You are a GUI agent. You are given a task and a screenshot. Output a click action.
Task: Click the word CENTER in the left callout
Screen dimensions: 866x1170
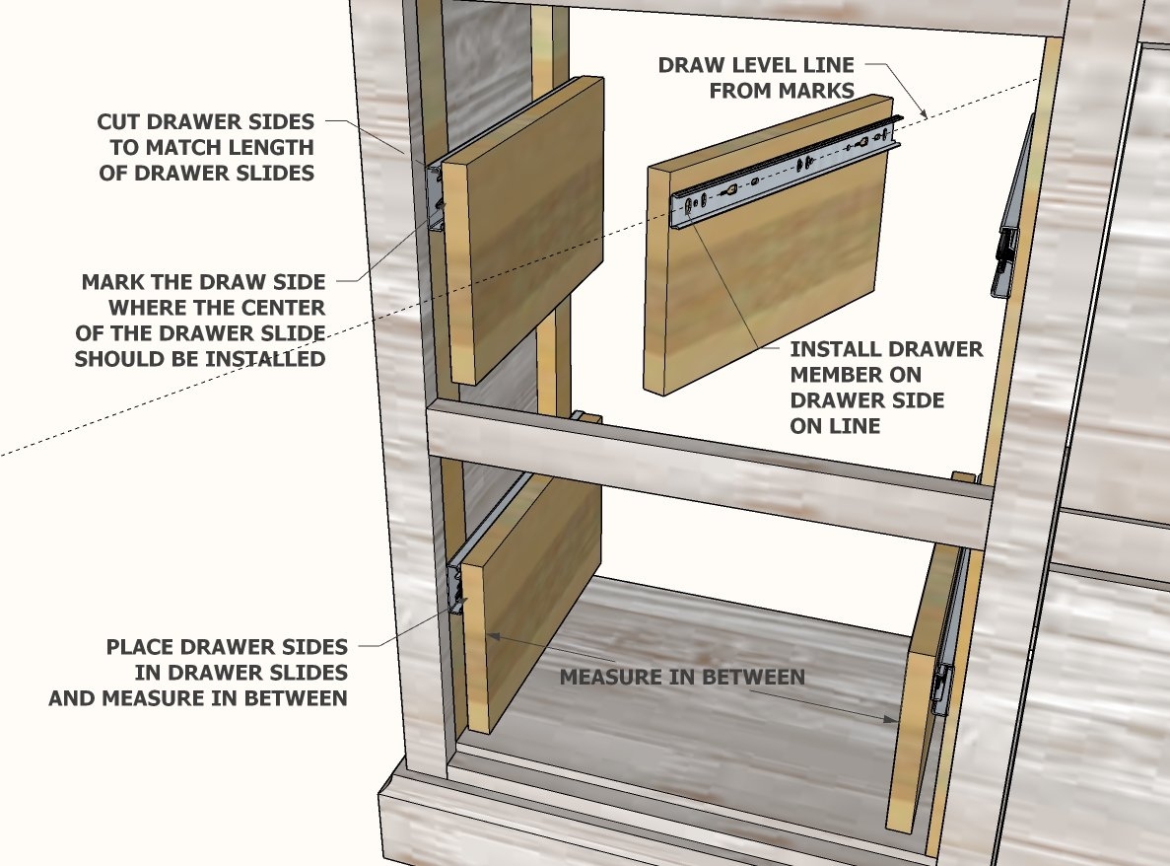point(286,308)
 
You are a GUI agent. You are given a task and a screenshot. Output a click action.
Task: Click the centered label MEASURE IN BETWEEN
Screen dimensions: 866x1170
point(682,678)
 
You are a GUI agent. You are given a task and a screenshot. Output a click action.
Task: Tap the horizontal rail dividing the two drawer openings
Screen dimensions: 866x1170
point(710,473)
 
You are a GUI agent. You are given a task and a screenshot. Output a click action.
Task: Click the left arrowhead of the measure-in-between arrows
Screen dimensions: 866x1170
point(489,636)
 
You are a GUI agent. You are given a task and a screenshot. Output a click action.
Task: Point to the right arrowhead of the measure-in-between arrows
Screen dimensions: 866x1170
point(892,721)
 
